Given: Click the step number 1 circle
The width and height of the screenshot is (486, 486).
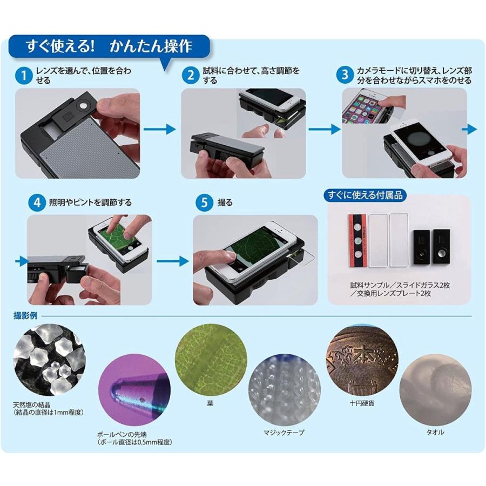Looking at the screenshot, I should (x=24, y=75).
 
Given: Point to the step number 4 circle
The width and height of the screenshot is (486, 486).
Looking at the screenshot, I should (x=37, y=202).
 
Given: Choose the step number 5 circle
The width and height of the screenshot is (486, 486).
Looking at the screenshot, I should (x=204, y=202).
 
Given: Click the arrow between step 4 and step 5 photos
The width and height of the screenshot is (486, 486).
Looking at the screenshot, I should (x=172, y=261).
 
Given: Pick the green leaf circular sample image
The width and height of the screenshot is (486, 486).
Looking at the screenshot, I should (x=210, y=360).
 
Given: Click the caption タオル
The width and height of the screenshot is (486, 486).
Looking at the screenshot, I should (x=435, y=432).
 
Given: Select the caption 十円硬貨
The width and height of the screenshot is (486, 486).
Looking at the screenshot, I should (x=361, y=403).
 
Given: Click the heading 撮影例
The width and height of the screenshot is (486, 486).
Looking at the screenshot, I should (x=25, y=316).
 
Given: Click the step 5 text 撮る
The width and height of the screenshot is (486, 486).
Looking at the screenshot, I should (x=224, y=202).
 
